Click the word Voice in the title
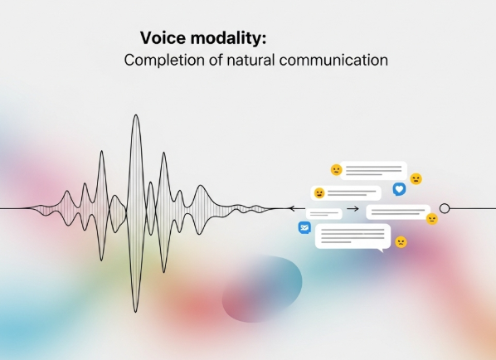(x=163, y=38)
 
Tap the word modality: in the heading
(x=228, y=38)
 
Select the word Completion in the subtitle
(x=164, y=60)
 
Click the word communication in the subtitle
(x=333, y=60)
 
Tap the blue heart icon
(x=399, y=189)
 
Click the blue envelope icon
(x=304, y=227)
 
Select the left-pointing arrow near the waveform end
(x=297, y=208)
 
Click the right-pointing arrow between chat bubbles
(x=353, y=209)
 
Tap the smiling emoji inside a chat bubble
(x=319, y=193)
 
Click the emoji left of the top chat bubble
(x=336, y=170)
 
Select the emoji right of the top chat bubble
(x=416, y=179)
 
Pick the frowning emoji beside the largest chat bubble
(x=401, y=242)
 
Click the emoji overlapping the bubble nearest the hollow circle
(x=432, y=219)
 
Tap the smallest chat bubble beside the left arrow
(x=324, y=214)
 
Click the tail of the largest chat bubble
(x=381, y=251)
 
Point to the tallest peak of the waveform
(x=136, y=114)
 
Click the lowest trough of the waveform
(x=136, y=312)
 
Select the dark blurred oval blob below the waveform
(x=262, y=289)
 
